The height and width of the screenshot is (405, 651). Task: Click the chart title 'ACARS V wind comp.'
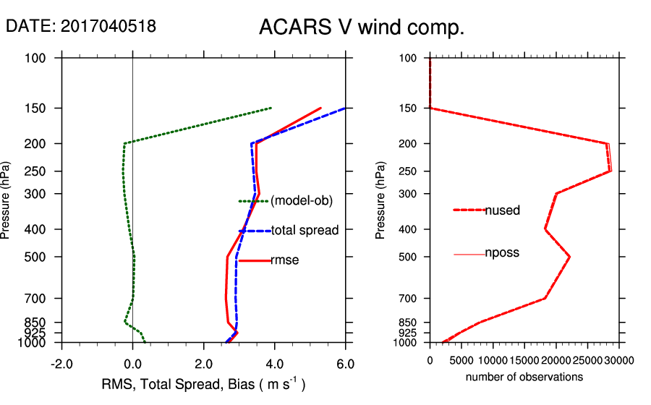point(361,28)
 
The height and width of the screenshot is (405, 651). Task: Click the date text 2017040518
point(81,26)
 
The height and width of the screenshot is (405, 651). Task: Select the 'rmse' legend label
point(284,260)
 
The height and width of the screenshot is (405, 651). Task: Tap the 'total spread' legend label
point(305,231)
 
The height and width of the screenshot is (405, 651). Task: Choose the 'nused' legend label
point(503,210)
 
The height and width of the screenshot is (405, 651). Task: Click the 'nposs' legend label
point(503,253)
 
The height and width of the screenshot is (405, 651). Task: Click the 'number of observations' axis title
point(524,377)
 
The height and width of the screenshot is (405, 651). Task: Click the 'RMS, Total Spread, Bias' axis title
point(203,384)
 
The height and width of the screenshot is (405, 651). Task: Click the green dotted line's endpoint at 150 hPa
point(271,108)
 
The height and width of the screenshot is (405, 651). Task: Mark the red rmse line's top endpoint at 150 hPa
point(320,108)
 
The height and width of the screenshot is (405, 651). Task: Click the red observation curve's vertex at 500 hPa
point(570,257)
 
